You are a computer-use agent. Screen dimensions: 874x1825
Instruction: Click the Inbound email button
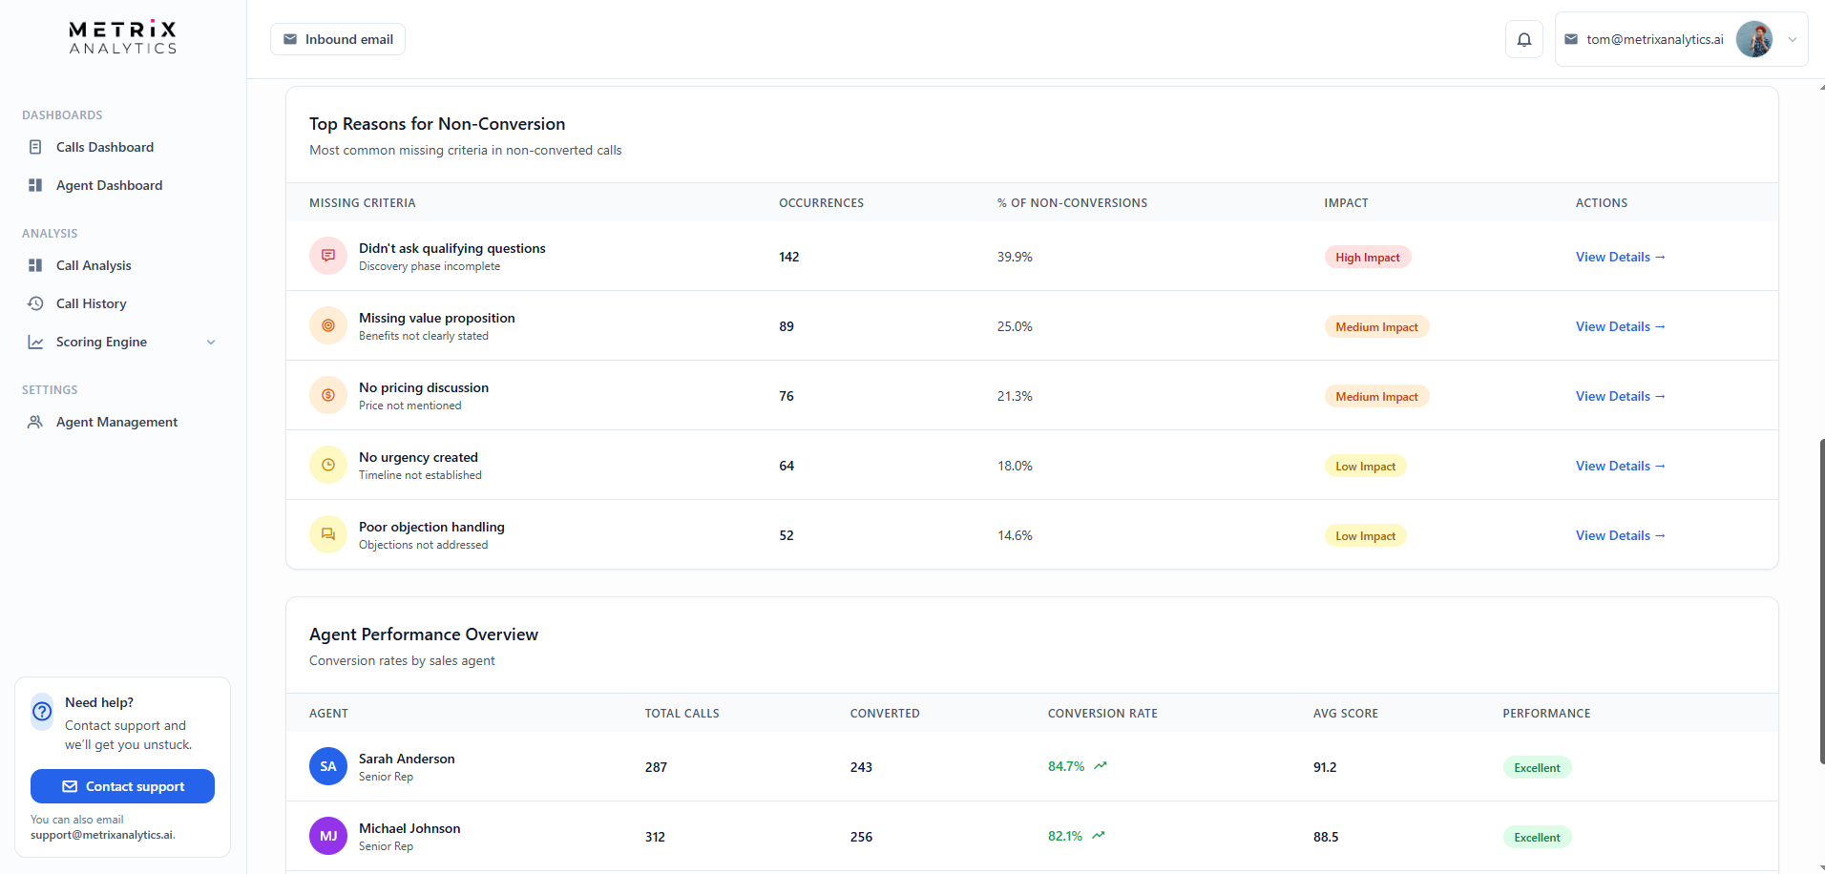[x=338, y=39]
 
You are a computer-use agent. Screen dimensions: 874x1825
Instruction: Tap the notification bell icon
[x=1523, y=39]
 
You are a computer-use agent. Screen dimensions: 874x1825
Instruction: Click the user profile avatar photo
[x=1753, y=39]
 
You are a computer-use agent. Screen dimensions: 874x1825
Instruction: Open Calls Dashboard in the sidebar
[x=104, y=147]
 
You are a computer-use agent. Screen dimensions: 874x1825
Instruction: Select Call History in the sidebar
[x=91, y=303]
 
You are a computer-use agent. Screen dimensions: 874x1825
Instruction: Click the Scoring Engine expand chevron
[x=211, y=343]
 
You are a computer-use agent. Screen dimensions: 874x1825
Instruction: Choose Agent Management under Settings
[x=116, y=422]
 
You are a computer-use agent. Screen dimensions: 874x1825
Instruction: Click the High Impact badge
[x=1367, y=258]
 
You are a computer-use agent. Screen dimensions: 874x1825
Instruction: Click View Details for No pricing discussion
[x=1620, y=396]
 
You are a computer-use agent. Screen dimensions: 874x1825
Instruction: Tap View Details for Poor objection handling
[x=1620, y=535]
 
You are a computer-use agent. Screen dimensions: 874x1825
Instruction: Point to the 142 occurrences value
[x=788, y=257]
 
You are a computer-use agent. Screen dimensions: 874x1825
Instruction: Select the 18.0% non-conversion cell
[x=1015, y=466]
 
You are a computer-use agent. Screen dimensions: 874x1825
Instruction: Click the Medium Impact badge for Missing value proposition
[x=1375, y=327]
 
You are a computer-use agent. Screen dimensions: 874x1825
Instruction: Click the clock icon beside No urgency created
[x=328, y=466]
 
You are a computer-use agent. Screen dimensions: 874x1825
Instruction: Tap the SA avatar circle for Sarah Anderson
[x=328, y=766]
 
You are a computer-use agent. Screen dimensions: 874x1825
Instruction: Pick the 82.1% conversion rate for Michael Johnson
[x=1065, y=836]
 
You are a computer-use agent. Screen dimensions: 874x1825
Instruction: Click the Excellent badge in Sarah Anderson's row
[x=1537, y=768]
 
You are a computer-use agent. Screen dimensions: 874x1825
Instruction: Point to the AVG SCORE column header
[x=1345, y=714]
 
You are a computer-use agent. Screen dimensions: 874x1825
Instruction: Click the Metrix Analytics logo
[x=122, y=37]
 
